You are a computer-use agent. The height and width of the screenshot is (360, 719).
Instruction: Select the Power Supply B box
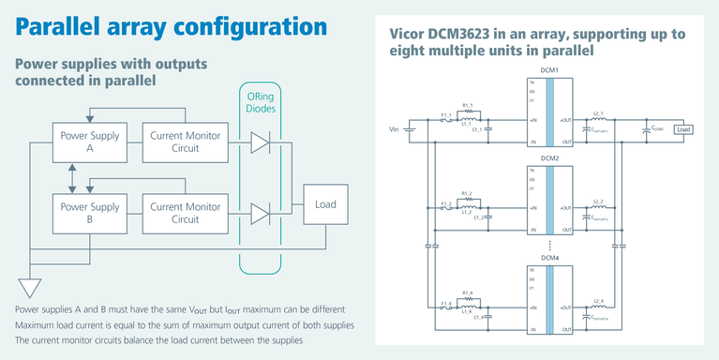(x=89, y=212)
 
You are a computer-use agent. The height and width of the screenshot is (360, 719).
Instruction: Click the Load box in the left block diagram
(x=325, y=204)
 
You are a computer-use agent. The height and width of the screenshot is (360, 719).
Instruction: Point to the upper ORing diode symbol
(x=260, y=142)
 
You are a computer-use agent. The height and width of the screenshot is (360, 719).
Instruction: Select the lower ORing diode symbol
(x=260, y=213)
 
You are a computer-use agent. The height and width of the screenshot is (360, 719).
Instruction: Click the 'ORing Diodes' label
(x=262, y=101)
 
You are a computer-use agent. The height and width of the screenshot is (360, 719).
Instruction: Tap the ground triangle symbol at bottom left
(x=30, y=287)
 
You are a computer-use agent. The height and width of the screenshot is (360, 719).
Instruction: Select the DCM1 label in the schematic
(x=549, y=71)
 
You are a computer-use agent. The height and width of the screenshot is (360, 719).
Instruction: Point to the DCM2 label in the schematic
(x=549, y=158)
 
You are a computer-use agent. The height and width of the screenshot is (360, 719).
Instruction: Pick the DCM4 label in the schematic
(x=549, y=258)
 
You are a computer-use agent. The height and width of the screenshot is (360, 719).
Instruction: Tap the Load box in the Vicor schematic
(x=683, y=129)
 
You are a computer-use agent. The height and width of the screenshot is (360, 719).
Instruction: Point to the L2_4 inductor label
(x=598, y=299)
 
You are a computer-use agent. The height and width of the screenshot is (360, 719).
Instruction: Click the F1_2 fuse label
(x=446, y=202)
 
